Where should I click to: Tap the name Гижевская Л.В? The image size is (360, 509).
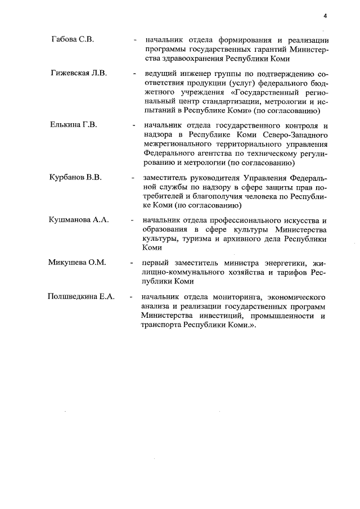(x=78, y=73)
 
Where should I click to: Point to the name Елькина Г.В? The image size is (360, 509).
(x=74, y=125)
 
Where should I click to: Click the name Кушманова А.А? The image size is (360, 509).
(x=79, y=220)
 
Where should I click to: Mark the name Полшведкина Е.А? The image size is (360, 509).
(x=81, y=296)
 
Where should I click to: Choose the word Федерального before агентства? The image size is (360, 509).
(x=170, y=154)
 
